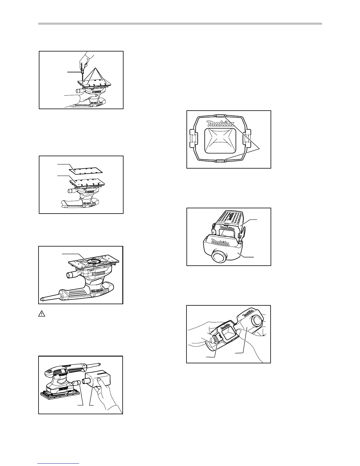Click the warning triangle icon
click(42, 314)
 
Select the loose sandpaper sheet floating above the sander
click(85, 170)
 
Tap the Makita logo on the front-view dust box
click(220, 123)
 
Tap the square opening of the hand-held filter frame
click(227, 333)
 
